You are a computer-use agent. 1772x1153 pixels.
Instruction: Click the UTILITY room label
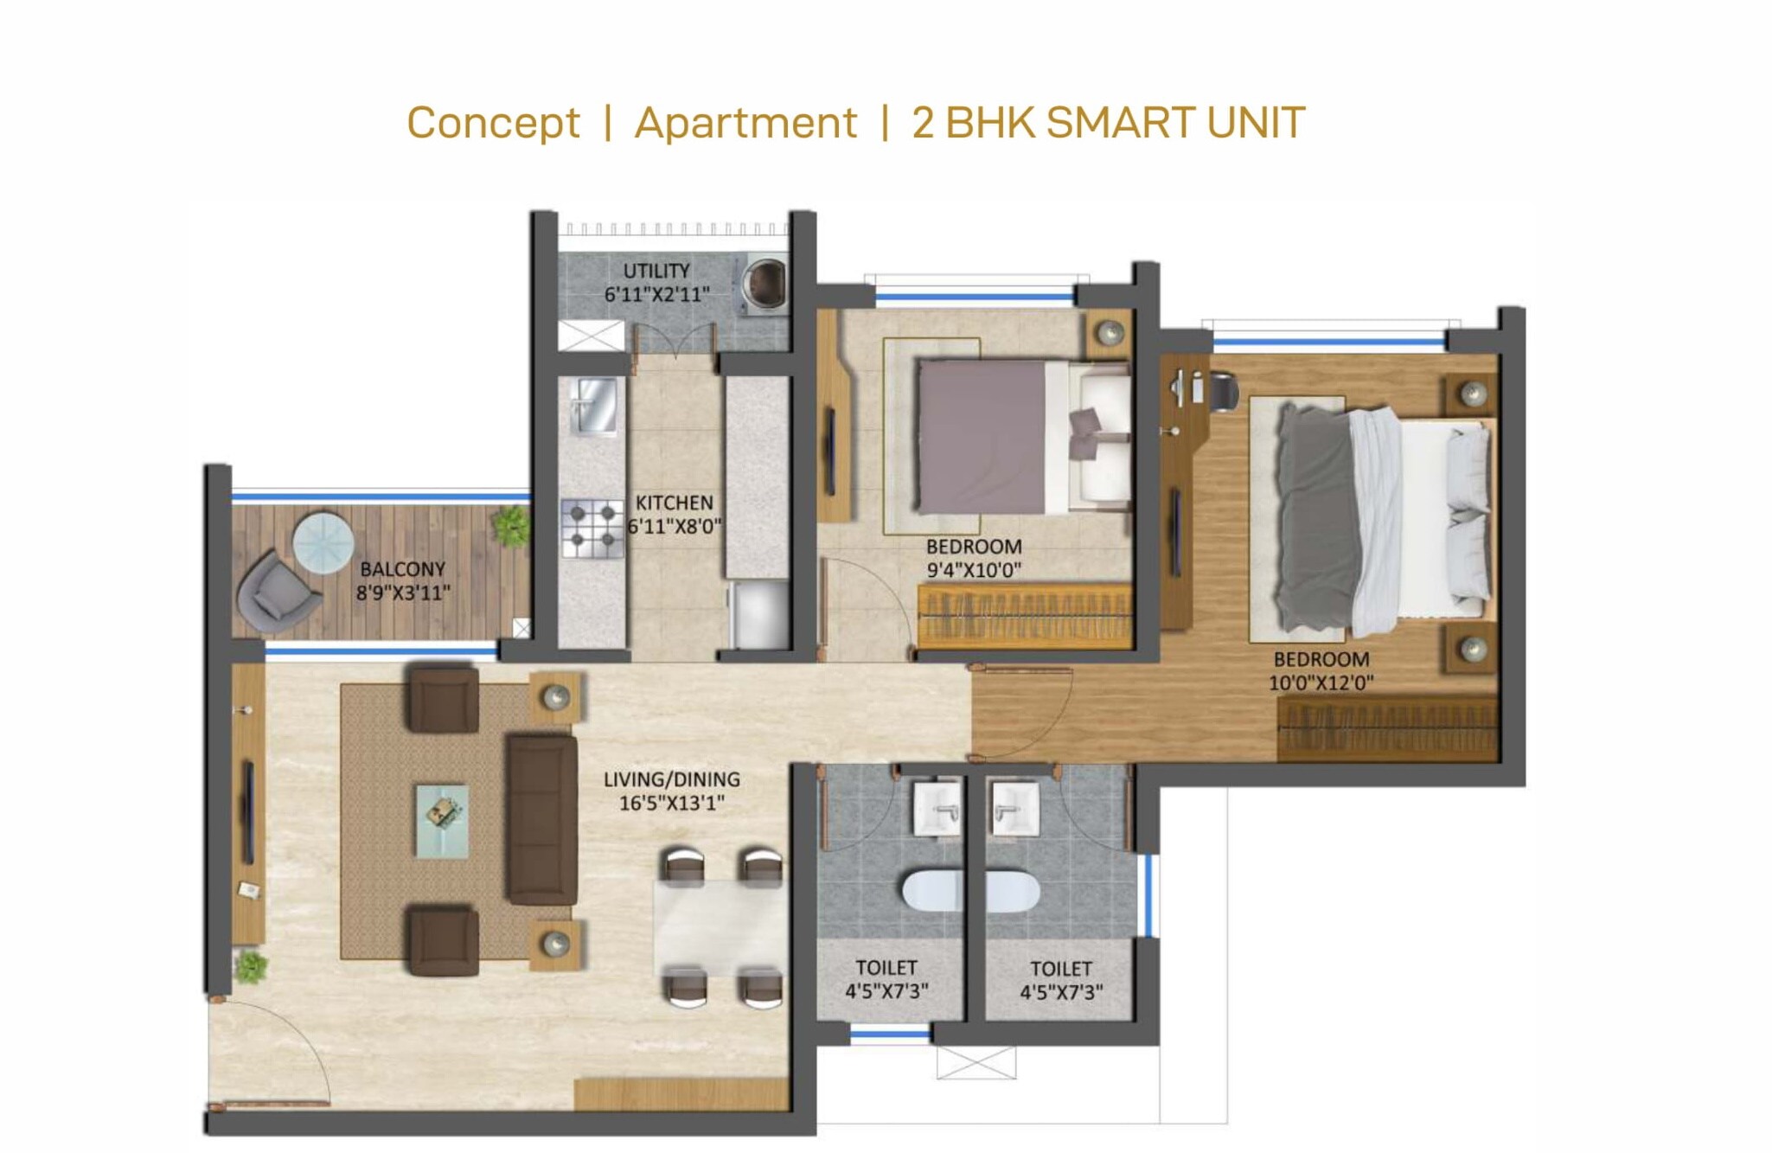(x=656, y=271)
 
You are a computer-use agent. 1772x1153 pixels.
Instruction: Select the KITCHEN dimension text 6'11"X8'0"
(x=675, y=526)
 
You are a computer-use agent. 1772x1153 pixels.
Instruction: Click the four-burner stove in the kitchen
(x=592, y=528)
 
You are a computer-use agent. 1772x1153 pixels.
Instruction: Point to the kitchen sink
(x=595, y=405)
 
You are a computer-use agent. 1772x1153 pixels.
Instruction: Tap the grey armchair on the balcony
(x=275, y=586)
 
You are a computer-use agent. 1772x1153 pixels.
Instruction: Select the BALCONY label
(x=402, y=569)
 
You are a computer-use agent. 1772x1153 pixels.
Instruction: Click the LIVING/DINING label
(x=672, y=779)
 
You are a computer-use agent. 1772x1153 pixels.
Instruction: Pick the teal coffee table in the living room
(x=442, y=820)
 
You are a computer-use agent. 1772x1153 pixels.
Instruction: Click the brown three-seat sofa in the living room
(x=541, y=818)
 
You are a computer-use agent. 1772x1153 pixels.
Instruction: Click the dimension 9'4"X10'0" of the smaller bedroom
(x=974, y=570)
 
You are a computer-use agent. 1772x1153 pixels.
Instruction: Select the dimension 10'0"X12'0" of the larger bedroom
(x=1321, y=682)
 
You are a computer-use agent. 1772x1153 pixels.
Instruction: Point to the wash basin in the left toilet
(x=937, y=808)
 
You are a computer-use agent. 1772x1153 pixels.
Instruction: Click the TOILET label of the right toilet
(x=1061, y=969)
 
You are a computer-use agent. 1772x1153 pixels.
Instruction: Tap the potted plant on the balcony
(x=510, y=524)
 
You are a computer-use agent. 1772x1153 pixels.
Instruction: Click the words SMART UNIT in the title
(x=1175, y=123)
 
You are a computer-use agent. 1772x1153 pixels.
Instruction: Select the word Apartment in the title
(x=745, y=123)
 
